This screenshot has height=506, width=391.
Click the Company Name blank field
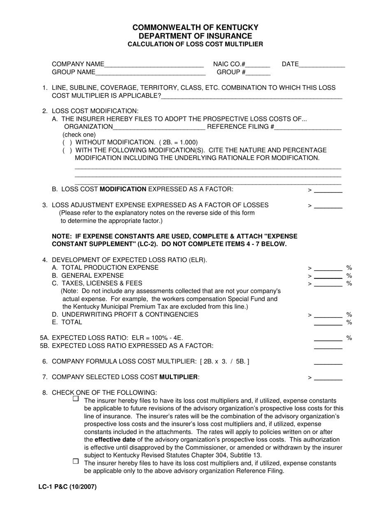[x=154, y=65]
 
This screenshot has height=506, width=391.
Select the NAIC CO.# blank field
[x=258, y=65]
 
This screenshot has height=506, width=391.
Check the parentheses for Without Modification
[x=67, y=142]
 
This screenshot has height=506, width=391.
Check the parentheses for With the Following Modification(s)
[x=67, y=150]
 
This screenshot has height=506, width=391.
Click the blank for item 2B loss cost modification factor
[x=328, y=190]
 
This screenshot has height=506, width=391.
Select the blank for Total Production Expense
[x=328, y=268]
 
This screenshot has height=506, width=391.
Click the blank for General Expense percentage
[x=328, y=276]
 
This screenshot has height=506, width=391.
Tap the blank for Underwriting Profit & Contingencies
[x=328, y=315]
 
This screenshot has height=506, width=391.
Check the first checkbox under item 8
[x=76, y=399]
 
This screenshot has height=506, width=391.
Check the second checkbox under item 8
[x=76, y=461]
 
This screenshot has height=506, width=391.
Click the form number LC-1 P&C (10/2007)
[x=68, y=487]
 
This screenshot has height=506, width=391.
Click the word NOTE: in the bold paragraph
[x=62, y=237]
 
